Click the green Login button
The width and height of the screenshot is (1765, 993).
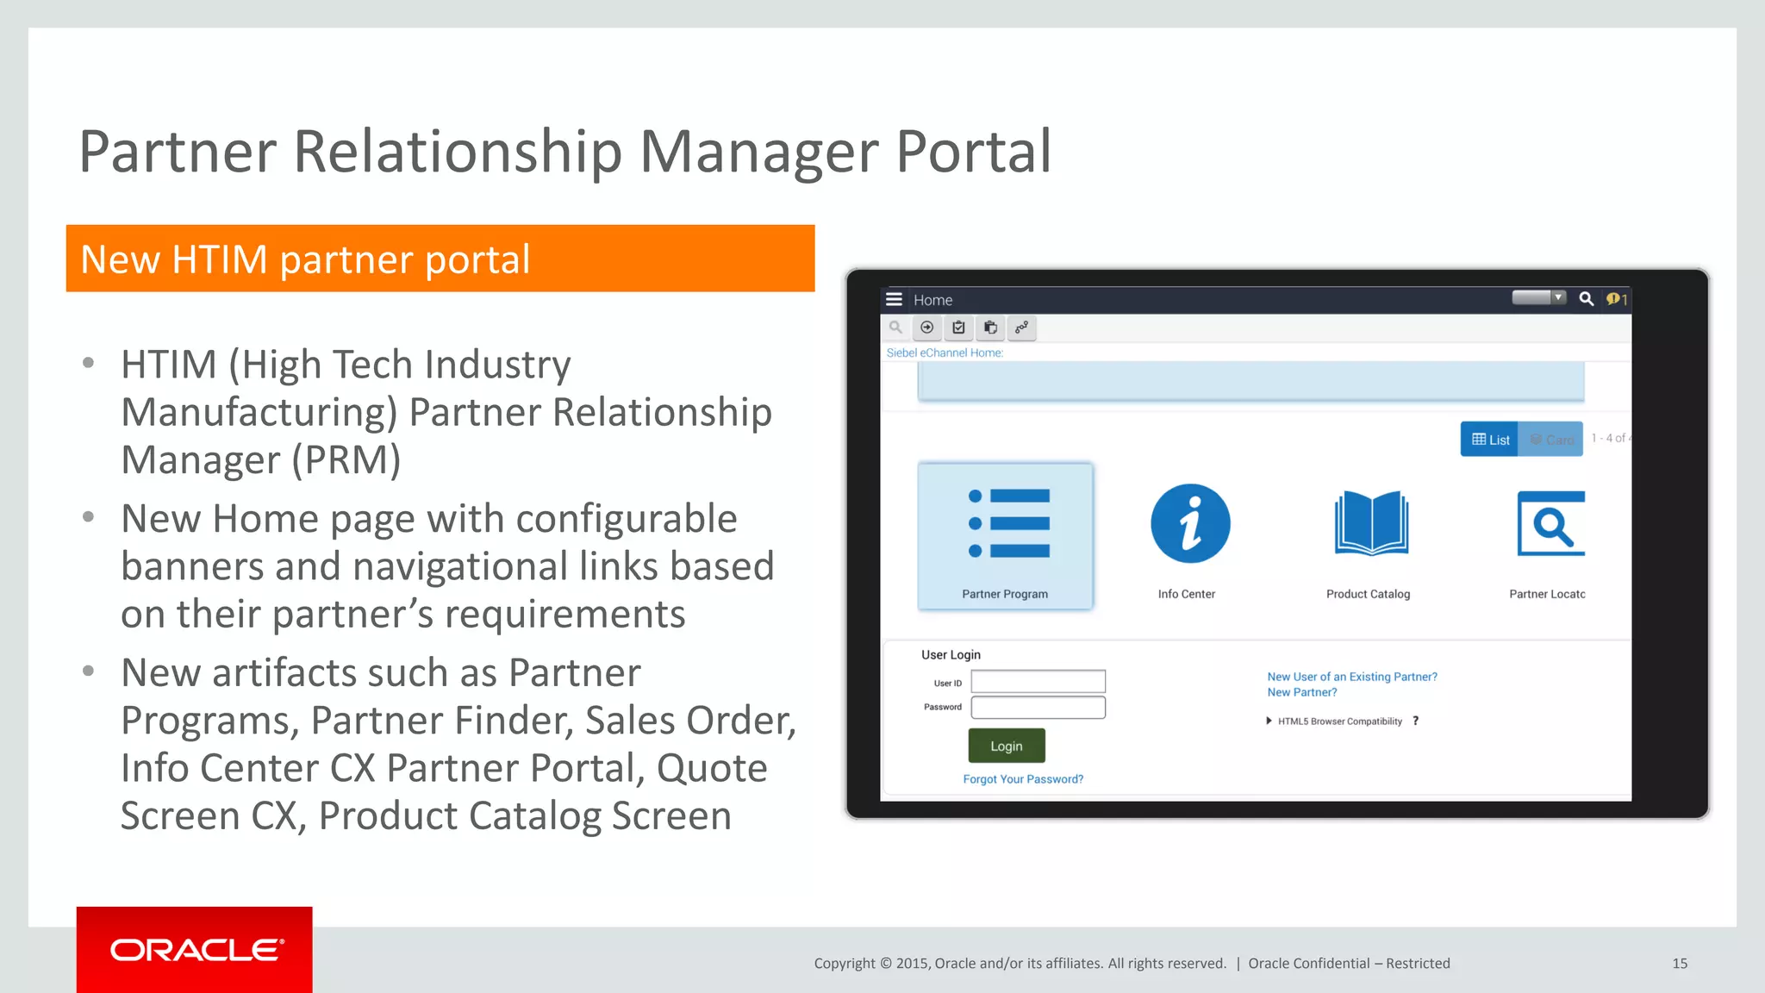coord(1006,746)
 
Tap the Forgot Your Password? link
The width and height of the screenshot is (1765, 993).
coord(1023,779)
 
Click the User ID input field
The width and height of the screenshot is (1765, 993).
coord(1038,682)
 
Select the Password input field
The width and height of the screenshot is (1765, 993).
coord(1038,708)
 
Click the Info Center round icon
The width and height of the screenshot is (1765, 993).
coord(1190,524)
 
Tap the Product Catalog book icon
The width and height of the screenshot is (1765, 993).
coord(1371,523)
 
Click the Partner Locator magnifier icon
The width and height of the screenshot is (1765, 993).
coord(1550,523)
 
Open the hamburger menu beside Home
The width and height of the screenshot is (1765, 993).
coord(894,299)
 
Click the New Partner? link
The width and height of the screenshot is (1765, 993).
coord(1301,692)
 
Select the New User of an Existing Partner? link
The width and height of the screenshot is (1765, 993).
coord(1351,677)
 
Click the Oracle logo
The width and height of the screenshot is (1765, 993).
coord(196,950)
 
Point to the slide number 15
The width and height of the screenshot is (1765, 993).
coord(1680,964)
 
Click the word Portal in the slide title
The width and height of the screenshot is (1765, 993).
coord(973,152)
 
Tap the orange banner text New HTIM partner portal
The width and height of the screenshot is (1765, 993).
coord(305,259)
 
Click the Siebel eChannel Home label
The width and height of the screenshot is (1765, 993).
coord(945,353)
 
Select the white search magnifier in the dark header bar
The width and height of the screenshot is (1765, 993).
coord(1586,299)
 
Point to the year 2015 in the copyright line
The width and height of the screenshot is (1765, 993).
coord(911,964)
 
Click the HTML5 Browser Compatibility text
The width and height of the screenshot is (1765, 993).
coord(1339,721)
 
